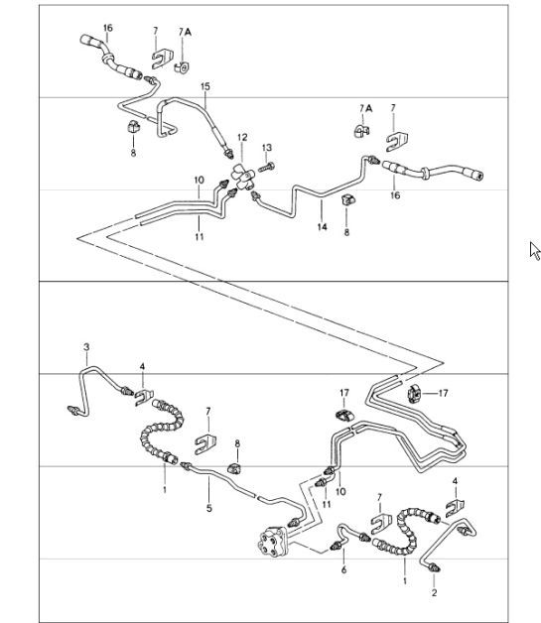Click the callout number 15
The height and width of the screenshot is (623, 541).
pos(205,87)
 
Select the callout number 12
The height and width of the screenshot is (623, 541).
pos(241,138)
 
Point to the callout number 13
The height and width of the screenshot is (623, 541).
pos(267,148)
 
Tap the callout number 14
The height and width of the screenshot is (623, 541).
pos(322,227)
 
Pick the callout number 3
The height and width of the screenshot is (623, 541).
pos(86,346)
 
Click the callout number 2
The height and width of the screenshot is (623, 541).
pos(434,592)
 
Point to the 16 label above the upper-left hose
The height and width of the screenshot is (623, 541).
pos(108,27)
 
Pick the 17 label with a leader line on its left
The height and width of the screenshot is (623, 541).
pos(443,393)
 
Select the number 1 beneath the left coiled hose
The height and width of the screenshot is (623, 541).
pos(165,489)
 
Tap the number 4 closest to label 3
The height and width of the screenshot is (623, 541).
pos(142,367)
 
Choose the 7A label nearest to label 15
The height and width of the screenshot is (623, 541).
pos(185,32)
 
